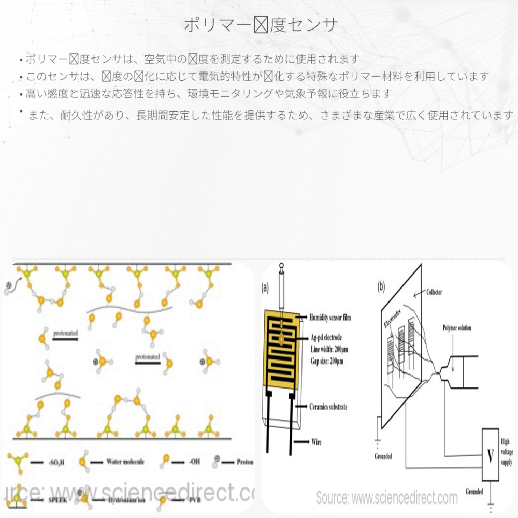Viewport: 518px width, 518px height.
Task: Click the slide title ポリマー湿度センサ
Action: click(x=261, y=24)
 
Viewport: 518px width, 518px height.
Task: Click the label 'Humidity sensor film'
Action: click(x=329, y=317)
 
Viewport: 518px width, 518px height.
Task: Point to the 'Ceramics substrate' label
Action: click(x=328, y=407)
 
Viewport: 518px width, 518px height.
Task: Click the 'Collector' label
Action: click(x=433, y=293)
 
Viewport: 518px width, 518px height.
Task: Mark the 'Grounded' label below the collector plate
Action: click(x=383, y=456)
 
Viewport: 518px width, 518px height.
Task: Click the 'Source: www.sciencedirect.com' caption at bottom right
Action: click(x=387, y=498)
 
